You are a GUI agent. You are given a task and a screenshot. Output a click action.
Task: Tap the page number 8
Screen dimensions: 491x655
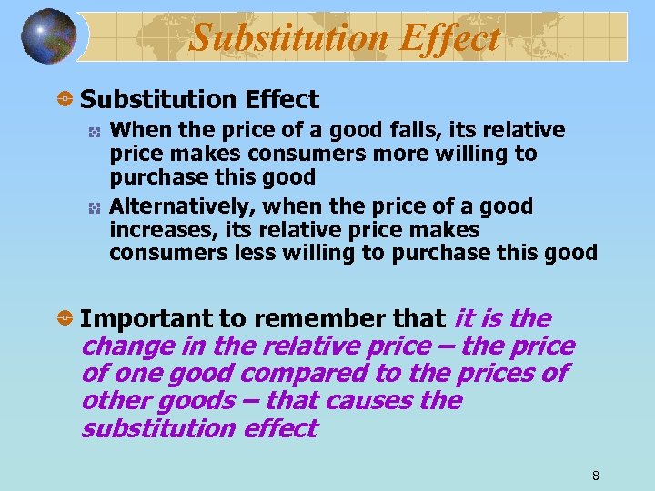click(x=595, y=476)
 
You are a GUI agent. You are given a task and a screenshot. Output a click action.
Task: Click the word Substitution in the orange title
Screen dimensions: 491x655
click(x=283, y=38)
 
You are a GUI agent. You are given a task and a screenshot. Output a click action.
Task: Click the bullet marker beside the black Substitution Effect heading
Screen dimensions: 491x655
click(x=66, y=100)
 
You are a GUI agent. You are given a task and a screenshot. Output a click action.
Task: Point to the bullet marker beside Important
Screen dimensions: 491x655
click(x=66, y=319)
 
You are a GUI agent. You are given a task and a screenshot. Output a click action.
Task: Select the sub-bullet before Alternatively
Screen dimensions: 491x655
click(x=94, y=208)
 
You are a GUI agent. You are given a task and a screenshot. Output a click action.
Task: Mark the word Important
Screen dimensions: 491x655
click(x=146, y=319)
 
